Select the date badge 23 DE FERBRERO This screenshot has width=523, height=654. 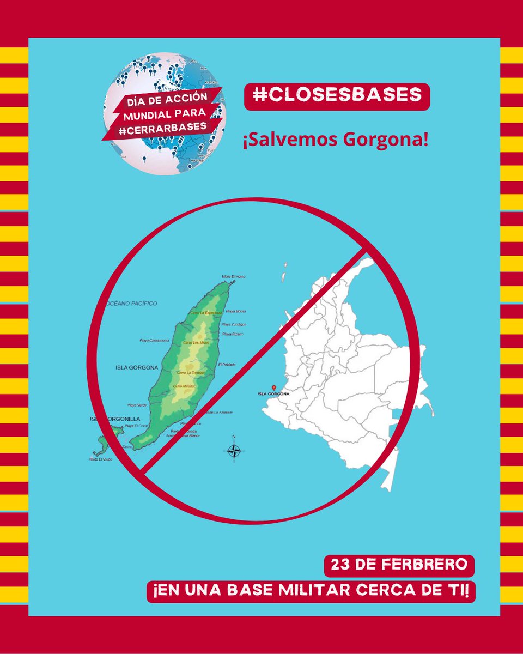399,565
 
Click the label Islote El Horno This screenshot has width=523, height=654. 233,277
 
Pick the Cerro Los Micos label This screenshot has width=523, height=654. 196,342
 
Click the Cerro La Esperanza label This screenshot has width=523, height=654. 206,314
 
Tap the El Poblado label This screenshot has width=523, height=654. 227,364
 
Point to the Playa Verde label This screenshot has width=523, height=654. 137,405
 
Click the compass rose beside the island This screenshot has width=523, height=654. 234,450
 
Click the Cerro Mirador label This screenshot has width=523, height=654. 184,386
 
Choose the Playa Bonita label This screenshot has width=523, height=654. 236,311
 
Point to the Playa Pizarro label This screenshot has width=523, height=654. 232,334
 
